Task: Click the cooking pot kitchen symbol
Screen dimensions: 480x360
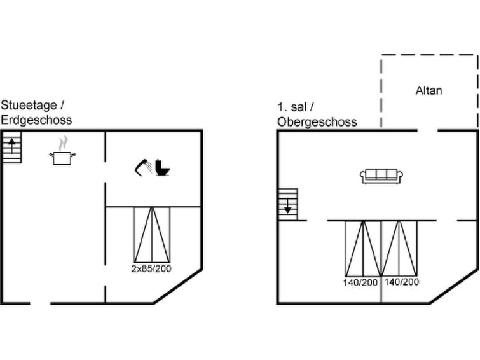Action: tap(62, 158)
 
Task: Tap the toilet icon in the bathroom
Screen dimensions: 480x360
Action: tap(163, 167)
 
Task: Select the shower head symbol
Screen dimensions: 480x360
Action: tap(144, 167)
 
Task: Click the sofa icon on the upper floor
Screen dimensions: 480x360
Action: tap(381, 176)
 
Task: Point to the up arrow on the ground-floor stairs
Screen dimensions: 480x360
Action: tap(11, 146)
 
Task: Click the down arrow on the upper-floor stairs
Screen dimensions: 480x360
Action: tap(288, 206)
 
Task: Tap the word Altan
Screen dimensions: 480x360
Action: tap(429, 91)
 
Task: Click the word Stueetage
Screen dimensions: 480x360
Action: tap(29, 106)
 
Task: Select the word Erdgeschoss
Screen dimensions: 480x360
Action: tap(36, 120)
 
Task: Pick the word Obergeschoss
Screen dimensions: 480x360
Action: tap(317, 122)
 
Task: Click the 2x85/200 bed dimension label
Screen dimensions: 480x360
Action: tap(151, 268)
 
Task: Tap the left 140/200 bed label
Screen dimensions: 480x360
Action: tap(360, 282)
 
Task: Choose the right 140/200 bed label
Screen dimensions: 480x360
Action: tap(402, 282)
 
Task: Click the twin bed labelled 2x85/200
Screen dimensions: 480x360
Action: tap(152, 235)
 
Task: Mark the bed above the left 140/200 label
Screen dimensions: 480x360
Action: tap(363, 249)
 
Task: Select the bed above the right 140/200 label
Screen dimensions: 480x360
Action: tap(399, 249)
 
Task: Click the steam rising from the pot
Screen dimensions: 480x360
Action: tap(63, 143)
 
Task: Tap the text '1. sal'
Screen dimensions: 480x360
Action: tap(292, 107)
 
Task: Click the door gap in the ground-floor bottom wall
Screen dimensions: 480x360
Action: tap(41, 303)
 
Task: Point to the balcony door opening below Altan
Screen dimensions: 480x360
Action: tap(427, 131)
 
